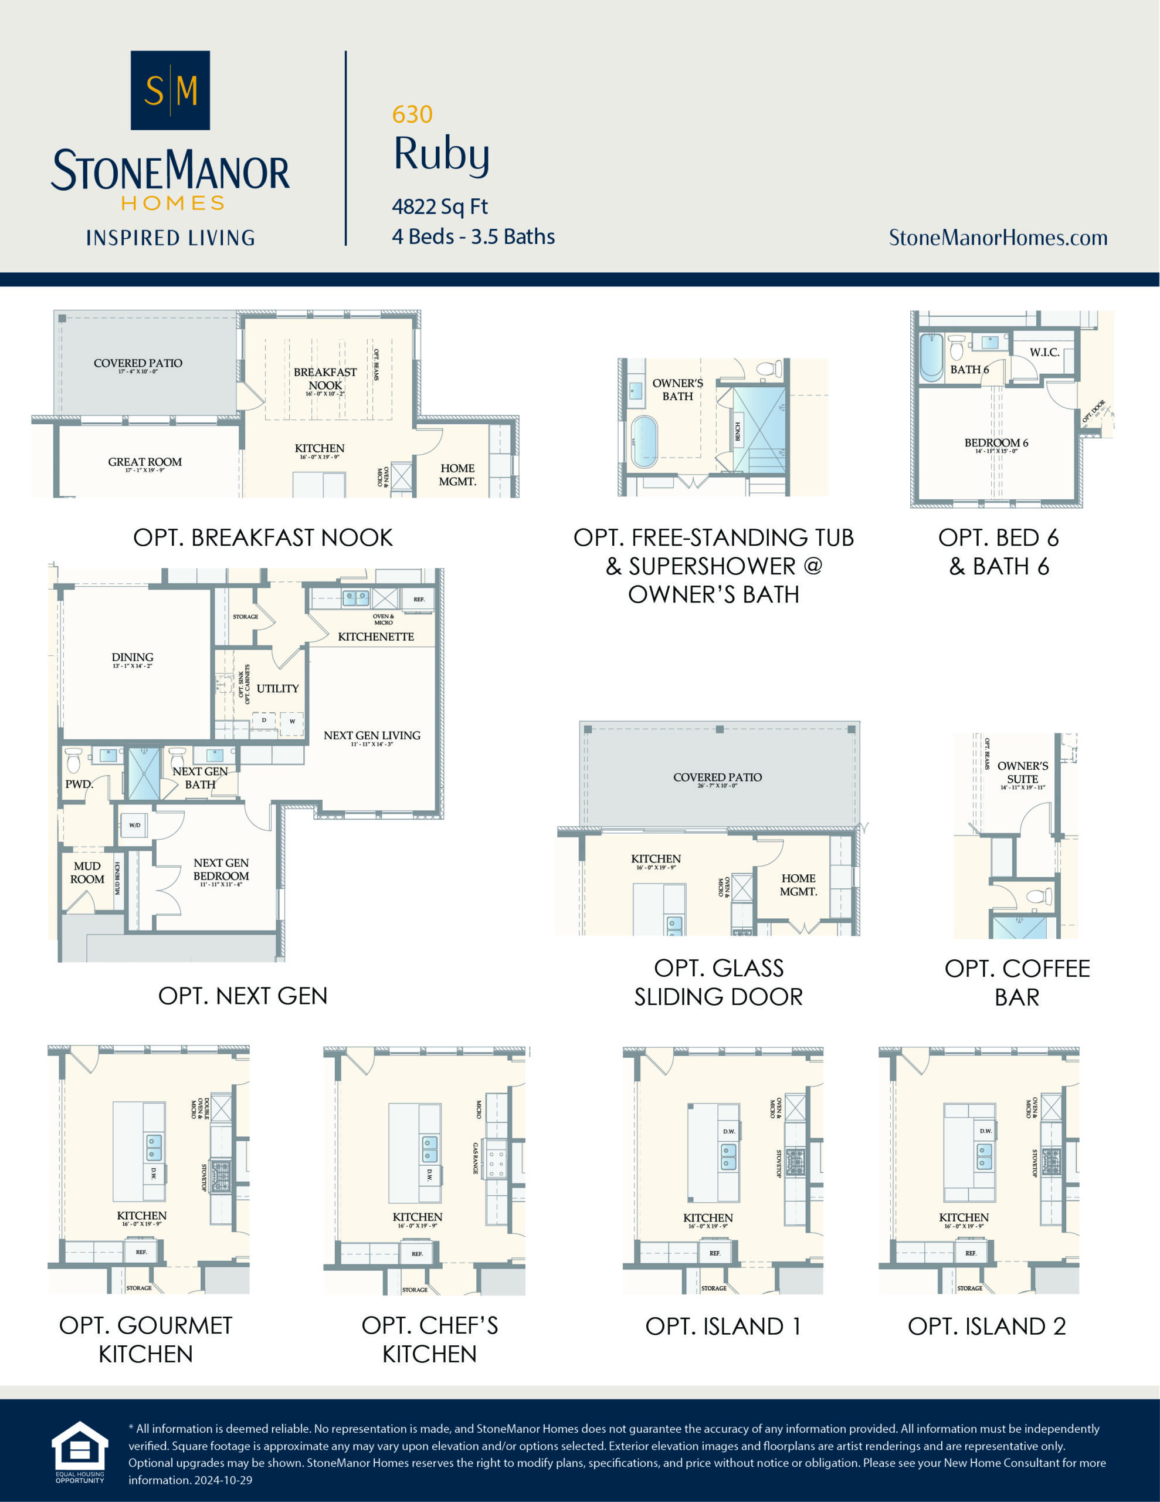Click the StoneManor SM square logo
(x=170, y=90)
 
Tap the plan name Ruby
(x=442, y=154)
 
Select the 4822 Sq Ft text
(x=439, y=207)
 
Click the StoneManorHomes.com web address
(x=998, y=238)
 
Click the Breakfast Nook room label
(x=325, y=379)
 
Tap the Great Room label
(x=144, y=462)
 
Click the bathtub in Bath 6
(x=931, y=357)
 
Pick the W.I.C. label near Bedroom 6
(x=1044, y=352)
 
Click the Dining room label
(x=132, y=658)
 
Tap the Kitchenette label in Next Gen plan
(x=375, y=637)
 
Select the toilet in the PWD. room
(x=73, y=760)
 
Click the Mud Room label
(x=87, y=872)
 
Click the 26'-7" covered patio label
(x=717, y=777)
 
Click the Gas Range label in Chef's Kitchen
(x=476, y=1159)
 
